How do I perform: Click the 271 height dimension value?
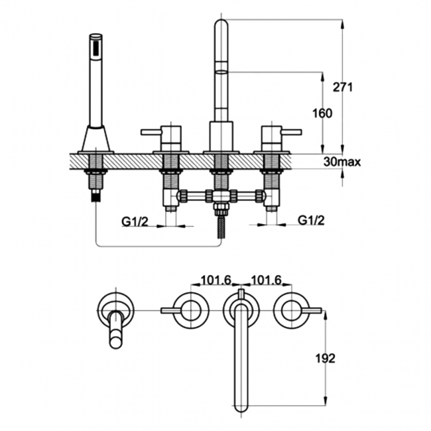pyautogui.click(x=342, y=87)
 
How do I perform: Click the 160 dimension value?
pyautogui.click(x=322, y=113)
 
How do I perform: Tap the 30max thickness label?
pyautogui.click(x=342, y=162)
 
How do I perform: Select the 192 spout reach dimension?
pyautogui.click(x=326, y=359)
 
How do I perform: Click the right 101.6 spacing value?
pyautogui.click(x=267, y=280)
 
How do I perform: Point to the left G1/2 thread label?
pyautogui.click(x=135, y=221)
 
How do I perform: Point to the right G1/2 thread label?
pyautogui.click(x=311, y=220)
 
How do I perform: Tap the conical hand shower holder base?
pyautogui.click(x=96, y=139)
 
